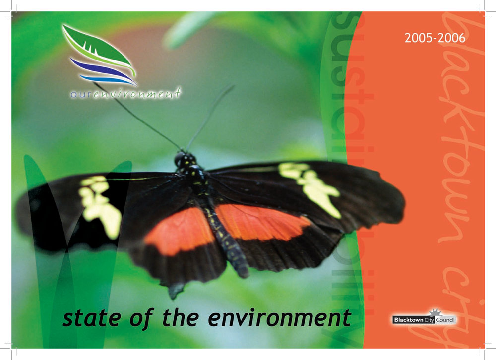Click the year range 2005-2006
coord(434,38)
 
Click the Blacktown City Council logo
coord(424,318)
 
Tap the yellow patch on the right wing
coord(310,186)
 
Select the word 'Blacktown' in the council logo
coord(408,320)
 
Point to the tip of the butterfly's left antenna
coord(94,83)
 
